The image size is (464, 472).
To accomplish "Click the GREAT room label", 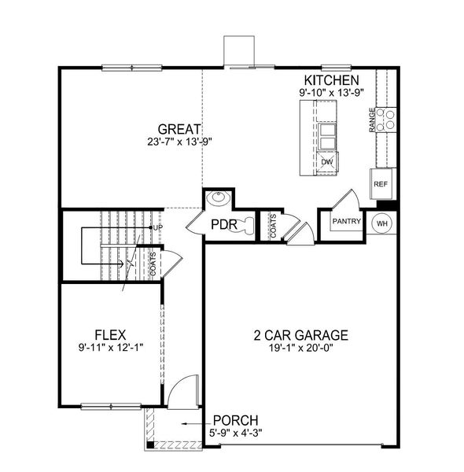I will click(179, 129).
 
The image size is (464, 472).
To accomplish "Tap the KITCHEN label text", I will click(332, 80).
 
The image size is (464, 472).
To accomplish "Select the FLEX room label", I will click(111, 334).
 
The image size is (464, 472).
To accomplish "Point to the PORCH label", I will click(236, 420).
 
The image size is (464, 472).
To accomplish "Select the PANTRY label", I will click(346, 222).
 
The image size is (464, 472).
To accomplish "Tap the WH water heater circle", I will click(382, 223).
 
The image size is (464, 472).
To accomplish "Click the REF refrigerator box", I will click(381, 184).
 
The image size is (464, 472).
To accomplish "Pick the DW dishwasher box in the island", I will click(327, 162).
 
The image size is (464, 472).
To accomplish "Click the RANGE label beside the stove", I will click(372, 120).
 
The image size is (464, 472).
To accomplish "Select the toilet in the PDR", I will click(247, 226).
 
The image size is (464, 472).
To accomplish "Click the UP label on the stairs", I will click(157, 227).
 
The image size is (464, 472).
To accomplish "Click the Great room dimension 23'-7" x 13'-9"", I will click(179, 142).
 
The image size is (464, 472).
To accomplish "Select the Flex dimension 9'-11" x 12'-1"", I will click(111, 346).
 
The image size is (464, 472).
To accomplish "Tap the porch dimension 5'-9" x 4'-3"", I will click(236, 433).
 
